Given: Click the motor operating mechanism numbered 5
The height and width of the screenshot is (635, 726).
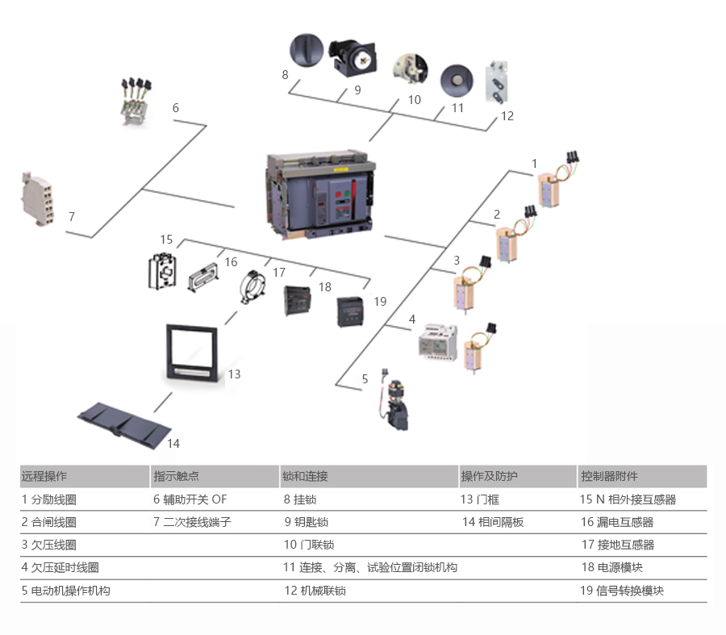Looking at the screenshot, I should point(394,403).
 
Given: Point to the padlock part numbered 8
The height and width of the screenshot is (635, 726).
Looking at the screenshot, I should point(306,50).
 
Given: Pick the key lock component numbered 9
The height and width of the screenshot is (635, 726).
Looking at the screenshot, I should point(355,56).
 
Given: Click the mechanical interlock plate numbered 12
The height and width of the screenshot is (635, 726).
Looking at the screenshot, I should point(498,83).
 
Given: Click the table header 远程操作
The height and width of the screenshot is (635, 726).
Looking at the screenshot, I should point(44,476).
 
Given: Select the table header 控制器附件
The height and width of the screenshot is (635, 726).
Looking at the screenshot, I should point(609,476).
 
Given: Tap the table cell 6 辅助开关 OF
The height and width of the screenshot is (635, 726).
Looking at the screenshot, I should point(190,499).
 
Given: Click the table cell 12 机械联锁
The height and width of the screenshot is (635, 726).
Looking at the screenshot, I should point(315,591).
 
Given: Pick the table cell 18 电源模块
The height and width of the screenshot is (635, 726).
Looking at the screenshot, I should point(611,568).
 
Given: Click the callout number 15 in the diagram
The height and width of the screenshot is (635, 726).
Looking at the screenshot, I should point(167,239).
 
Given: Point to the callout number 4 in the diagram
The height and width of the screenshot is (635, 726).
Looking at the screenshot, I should point(412,320).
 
